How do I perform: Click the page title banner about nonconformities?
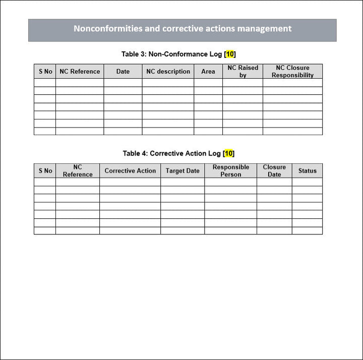[x=182, y=29]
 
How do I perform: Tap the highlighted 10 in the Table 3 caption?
[x=229, y=54]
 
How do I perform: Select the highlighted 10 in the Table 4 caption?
[x=228, y=153]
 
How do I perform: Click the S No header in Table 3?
[x=45, y=72]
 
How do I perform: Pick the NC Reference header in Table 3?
[x=80, y=72]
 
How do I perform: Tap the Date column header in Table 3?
[x=123, y=72]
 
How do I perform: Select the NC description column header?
[x=168, y=72]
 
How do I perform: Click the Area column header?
[x=208, y=72]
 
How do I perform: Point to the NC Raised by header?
[x=243, y=72]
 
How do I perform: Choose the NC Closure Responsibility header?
[x=292, y=72]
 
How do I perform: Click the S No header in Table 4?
[x=45, y=171]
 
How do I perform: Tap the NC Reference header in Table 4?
[x=78, y=171]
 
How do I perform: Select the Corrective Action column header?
[x=130, y=171]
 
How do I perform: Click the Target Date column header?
[x=183, y=171]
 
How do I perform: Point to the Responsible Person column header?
[x=230, y=171]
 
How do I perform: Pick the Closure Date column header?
[x=274, y=171]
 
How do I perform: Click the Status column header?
[x=307, y=171]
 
